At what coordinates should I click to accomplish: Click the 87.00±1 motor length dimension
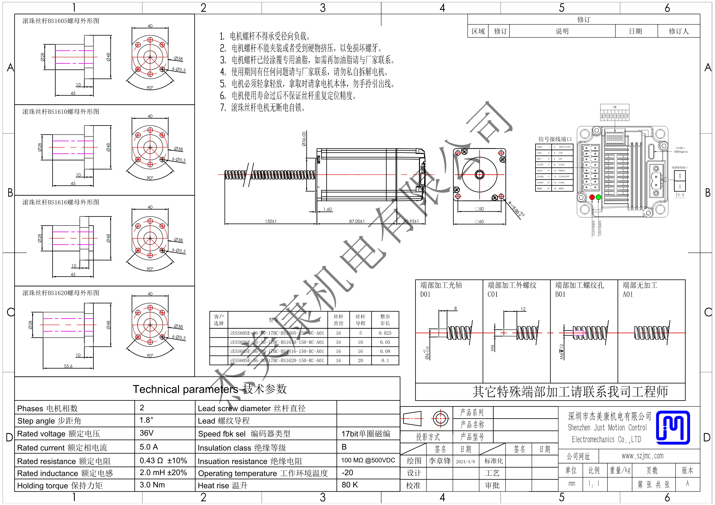356,221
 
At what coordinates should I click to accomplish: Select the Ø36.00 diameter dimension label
304,139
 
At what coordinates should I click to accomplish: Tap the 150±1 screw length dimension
271,221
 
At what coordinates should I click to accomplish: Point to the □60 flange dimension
479,222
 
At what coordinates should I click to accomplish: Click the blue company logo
673,427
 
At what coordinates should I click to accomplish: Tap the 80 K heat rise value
350,485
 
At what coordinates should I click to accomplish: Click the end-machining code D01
425,294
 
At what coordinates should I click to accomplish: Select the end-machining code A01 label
628,294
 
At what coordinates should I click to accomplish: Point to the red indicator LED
592,197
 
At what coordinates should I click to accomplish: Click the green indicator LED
598,197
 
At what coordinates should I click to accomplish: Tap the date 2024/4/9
465,461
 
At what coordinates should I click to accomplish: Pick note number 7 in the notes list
223,108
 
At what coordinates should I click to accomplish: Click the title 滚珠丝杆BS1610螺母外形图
61,111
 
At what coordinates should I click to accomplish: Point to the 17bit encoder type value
366,434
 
